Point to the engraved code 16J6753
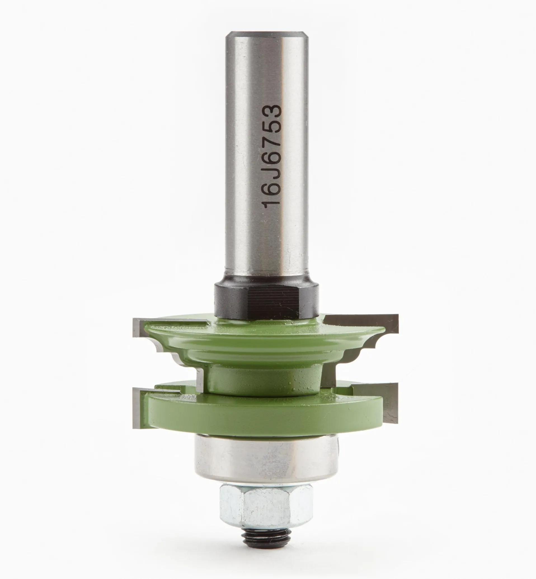[x=272, y=156]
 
